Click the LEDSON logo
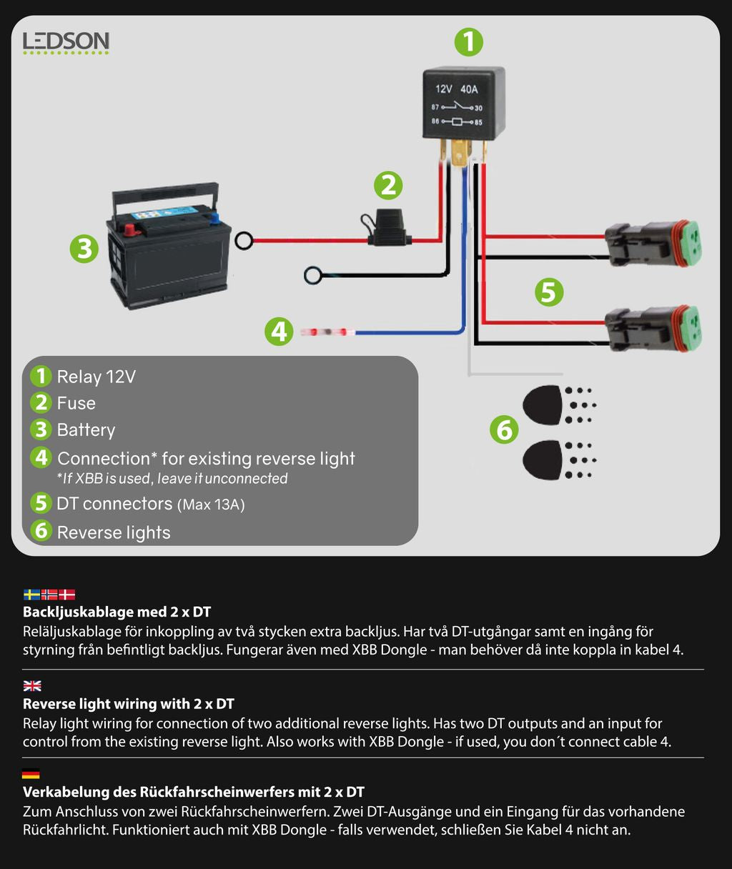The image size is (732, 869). click(66, 43)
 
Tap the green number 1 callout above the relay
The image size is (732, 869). click(469, 42)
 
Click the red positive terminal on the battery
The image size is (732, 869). click(130, 229)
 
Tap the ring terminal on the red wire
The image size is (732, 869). click(244, 241)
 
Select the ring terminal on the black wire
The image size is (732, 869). click(313, 275)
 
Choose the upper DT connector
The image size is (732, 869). click(653, 244)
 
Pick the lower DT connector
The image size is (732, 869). click(653, 329)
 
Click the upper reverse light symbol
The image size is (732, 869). click(543, 404)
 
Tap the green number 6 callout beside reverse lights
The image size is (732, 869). click(504, 429)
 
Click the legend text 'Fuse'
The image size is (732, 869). click(76, 404)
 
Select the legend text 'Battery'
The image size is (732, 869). click(86, 430)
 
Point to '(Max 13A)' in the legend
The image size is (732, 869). click(211, 505)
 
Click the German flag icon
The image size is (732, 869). click(31, 774)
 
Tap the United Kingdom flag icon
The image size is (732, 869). click(32, 686)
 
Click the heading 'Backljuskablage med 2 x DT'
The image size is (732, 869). click(117, 612)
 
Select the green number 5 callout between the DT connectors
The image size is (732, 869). click(549, 292)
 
